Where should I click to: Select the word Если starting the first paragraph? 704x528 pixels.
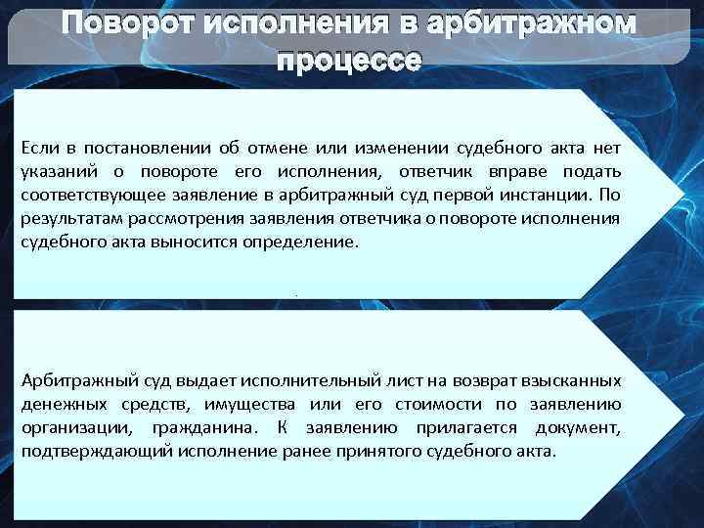37,148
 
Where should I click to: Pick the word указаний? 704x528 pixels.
55,171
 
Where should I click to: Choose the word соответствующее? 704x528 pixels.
85,195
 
